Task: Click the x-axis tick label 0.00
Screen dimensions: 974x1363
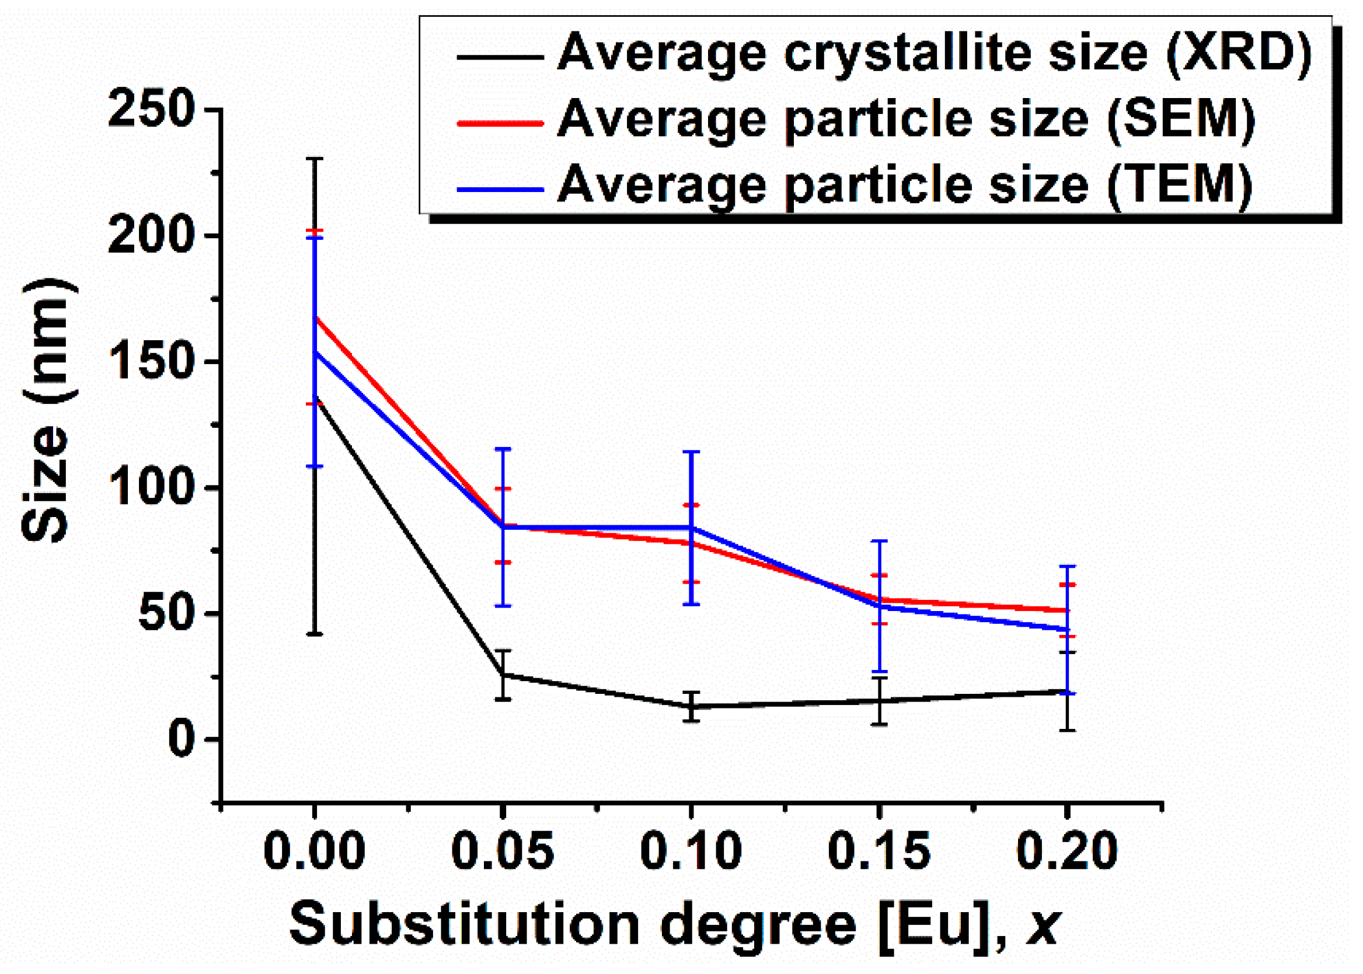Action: (314, 851)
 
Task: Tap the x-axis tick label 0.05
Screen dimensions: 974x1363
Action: (502, 851)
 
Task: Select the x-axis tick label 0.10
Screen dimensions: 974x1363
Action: (691, 851)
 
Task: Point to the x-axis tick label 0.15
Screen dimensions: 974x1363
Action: (879, 851)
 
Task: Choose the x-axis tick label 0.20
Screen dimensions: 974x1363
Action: (1067, 851)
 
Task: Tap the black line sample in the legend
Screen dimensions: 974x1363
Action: (500, 58)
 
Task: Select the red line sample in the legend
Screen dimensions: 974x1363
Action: (500, 124)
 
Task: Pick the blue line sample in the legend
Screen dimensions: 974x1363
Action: (500, 190)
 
